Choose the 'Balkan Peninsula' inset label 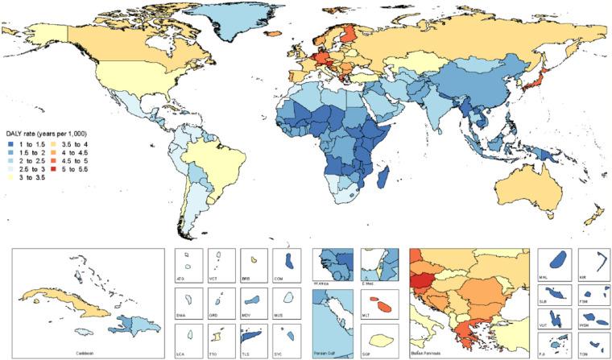pyautogui.click(x=430, y=353)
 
